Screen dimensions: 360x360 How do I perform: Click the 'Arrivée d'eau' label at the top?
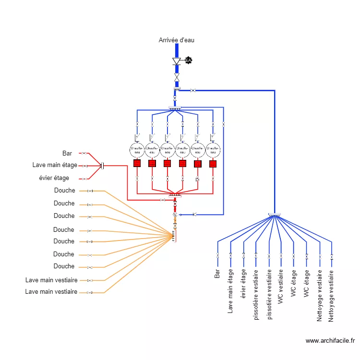point(177,40)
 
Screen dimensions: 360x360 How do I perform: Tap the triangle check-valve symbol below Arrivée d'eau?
point(177,61)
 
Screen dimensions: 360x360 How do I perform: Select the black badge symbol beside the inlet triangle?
point(188,60)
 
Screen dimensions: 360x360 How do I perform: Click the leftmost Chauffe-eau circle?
point(137,150)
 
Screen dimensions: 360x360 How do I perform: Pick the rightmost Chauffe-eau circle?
point(213,150)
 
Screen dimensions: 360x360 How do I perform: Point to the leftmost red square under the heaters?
point(137,164)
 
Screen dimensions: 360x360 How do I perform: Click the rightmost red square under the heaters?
point(213,164)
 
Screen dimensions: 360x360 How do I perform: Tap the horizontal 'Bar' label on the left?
point(67,154)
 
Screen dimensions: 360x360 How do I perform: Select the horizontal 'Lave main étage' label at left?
point(55,165)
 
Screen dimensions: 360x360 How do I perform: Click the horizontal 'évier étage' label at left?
point(54,178)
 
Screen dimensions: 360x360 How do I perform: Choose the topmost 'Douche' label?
point(64,191)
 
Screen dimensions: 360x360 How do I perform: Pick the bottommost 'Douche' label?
point(64,266)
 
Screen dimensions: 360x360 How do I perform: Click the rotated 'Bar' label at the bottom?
point(217,274)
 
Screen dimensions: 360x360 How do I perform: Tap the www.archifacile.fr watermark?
point(330,341)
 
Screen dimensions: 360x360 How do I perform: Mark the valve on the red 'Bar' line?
point(84,154)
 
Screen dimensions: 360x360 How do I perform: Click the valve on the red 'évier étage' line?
point(84,179)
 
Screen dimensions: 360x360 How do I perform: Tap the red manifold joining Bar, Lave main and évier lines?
point(102,166)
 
